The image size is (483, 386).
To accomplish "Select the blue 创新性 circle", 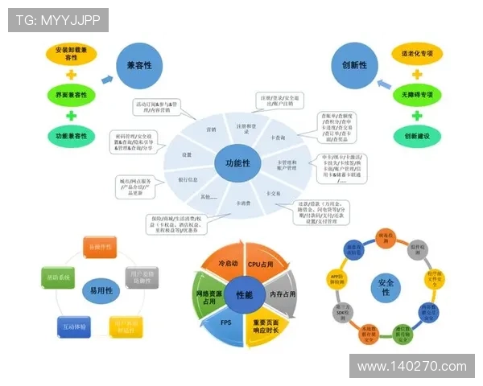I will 356,64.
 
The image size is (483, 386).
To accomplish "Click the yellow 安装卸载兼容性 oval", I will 71,54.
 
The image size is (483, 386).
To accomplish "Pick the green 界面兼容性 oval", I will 71,95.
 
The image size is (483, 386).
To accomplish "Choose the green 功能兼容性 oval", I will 71,135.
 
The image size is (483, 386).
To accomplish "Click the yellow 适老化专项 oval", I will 417,55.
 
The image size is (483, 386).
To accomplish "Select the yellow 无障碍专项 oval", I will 417,95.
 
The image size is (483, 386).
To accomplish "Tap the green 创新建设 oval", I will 417,136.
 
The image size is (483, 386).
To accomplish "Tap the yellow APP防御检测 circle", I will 337,278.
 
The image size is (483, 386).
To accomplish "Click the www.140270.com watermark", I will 411,367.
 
